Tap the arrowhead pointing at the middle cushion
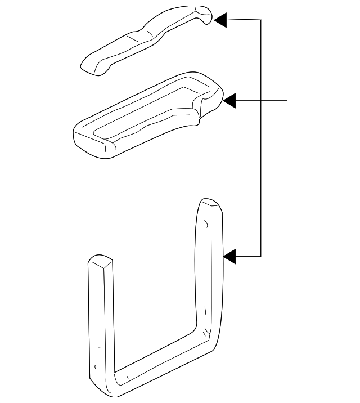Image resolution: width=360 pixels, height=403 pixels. pos(230,101)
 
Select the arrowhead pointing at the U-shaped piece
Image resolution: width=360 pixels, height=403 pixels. pos(230,257)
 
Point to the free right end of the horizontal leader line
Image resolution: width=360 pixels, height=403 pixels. pos(287,101)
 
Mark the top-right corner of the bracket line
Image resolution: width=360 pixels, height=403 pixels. pos(262,20)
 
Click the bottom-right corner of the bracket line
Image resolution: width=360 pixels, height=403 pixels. pos(262,257)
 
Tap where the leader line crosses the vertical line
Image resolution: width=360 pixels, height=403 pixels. pos(262,101)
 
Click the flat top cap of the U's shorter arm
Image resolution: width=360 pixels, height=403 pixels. pos(100,262)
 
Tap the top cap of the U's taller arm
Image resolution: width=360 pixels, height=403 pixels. pos(210,204)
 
